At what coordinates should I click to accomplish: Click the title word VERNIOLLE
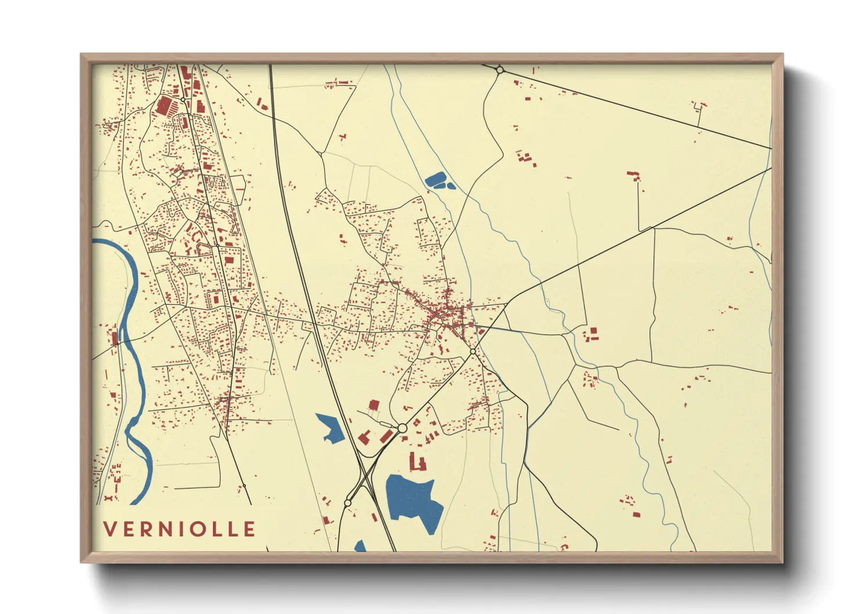[x=179, y=529]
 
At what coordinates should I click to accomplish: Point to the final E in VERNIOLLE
[x=250, y=529]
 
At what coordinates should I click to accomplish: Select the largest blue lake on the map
[x=413, y=499]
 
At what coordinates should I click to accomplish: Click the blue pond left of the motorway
[x=330, y=428]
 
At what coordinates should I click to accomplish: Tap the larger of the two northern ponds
[x=435, y=180]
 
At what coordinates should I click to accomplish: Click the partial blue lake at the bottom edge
[x=360, y=546]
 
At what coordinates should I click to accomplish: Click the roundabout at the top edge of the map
[x=500, y=70]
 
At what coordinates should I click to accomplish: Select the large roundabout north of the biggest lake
[x=402, y=428]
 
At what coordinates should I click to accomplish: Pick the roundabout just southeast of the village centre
[x=473, y=352]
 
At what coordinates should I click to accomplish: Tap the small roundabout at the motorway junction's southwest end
[x=348, y=503]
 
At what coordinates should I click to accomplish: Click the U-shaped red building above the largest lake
[x=418, y=463]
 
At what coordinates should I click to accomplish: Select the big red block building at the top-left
[x=165, y=106]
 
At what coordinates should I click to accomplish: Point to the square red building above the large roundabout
[x=374, y=404]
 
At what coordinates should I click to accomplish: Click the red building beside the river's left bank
[x=114, y=337]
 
